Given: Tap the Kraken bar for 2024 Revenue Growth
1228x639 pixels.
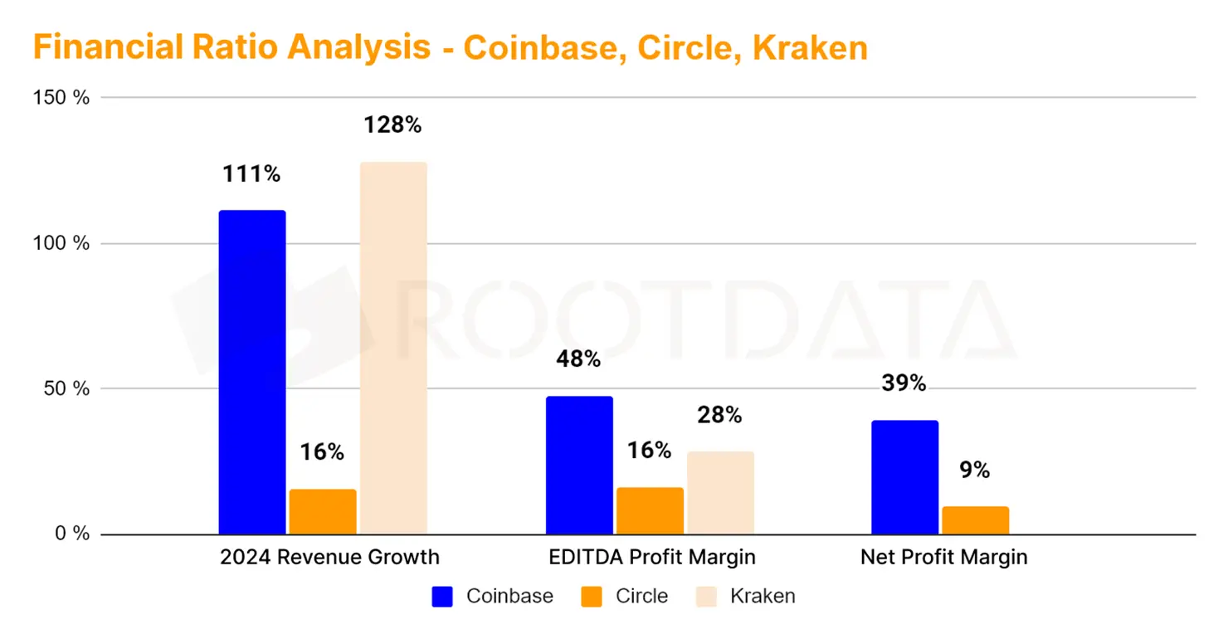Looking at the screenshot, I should [x=393, y=348].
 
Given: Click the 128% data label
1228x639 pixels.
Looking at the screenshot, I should [x=392, y=125].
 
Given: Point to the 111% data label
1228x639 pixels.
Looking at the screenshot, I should [x=251, y=174].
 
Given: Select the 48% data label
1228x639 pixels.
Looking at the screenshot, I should [x=578, y=359].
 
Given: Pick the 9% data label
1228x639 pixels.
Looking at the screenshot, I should [x=975, y=471].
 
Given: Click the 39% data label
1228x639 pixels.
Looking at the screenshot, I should [x=904, y=383].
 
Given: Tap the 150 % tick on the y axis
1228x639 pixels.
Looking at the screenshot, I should [x=61, y=97].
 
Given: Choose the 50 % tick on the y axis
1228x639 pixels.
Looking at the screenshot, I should [x=66, y=388].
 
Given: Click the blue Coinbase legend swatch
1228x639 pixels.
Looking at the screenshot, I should [x=442, y=596].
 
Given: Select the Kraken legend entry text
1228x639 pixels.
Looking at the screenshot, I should [x=763, y=596].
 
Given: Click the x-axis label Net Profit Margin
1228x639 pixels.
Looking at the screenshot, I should [x=944, y=557].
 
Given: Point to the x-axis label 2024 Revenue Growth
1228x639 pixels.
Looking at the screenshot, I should [x=329, y=557].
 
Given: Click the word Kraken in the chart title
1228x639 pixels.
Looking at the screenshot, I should [x=810, y=47].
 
